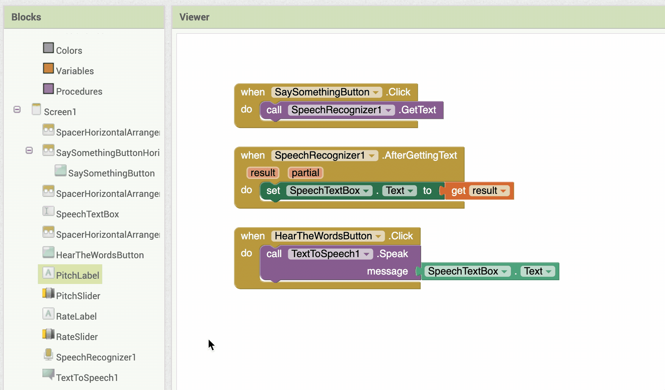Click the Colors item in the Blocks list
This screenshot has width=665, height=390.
point(69,50)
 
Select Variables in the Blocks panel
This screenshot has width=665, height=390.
point(75,71)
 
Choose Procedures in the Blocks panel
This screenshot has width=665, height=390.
point(79,91)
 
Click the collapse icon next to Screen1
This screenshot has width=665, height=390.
point(17,109)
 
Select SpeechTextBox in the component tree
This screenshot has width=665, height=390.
point(87,214)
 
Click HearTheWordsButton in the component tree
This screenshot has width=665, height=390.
point(100,255)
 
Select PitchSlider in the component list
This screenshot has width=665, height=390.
point(78,296)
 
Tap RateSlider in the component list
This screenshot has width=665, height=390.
point(76,337)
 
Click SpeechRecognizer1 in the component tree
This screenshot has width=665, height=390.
point(95,357)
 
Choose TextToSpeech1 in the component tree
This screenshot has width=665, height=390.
point(87,378)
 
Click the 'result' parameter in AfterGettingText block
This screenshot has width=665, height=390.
point(263,173)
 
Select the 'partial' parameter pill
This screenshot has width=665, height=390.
point(305,173)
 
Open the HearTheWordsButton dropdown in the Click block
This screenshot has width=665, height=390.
point(378,236)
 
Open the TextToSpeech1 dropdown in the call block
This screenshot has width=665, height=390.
point(366,254)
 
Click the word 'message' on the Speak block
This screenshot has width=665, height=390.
point(387,271)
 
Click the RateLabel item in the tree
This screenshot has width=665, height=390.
point(76,316)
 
